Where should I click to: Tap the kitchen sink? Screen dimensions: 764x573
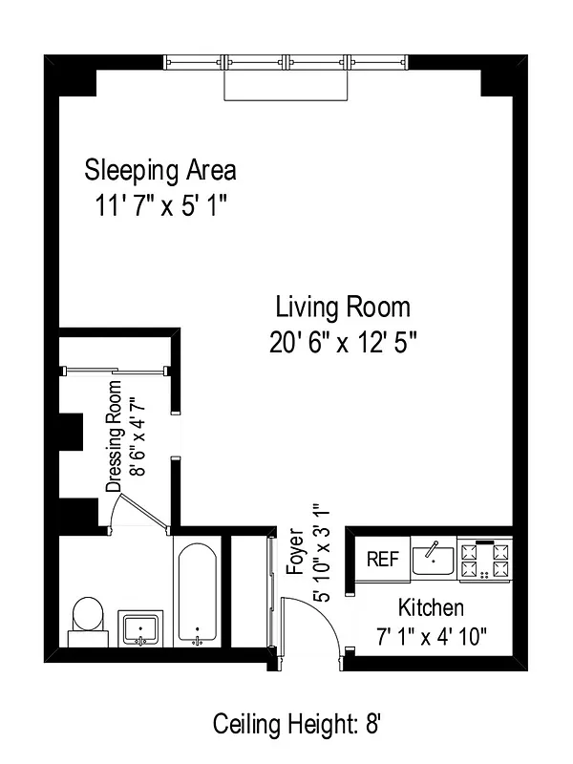pos(433,559)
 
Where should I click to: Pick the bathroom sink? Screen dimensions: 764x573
pos(142,628)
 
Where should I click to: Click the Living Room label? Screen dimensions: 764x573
pos(343,308)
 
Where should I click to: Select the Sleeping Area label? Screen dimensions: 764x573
pos(160,171)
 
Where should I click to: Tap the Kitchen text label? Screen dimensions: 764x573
pos(431,608)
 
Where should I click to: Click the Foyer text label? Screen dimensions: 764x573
pos(295,551)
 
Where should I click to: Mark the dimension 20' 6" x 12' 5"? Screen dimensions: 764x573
pos(343,342)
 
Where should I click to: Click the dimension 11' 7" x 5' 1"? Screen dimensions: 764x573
pos(160,205)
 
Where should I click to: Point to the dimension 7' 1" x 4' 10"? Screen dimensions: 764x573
pos(431,637)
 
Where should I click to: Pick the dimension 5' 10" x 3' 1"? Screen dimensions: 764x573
pos(321,551)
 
